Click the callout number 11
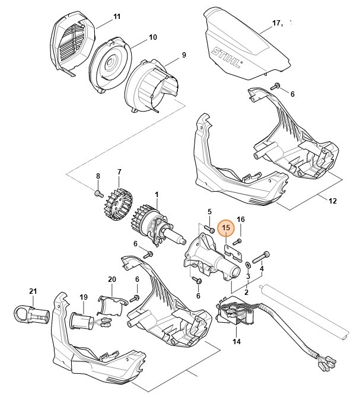[116, 15]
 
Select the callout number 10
[152, 37]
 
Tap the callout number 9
[184, 55]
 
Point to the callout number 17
[276, 23]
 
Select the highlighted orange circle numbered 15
[225, 227]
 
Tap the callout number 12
[332, 201]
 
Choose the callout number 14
[237, 342]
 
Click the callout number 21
[33, 290]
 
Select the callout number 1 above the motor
[157, 194]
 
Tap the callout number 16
[241, 219]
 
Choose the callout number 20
[111, 279]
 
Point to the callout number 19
[84, 297]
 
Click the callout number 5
[209, 211]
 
